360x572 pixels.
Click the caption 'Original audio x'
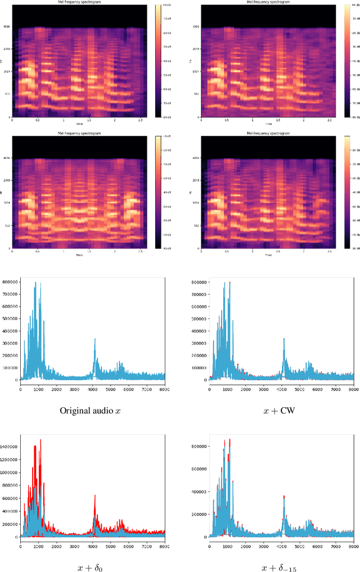pyautogui.click(x=90, y=410)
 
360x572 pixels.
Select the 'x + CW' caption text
pyautogui.click(x=279, y=410)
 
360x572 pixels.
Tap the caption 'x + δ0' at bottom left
pyautogui.click(x=90, y=568)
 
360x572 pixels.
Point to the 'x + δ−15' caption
pyautogui.click(x=279, y=568)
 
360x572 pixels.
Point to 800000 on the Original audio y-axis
pyautogui.click(x=10, y=283)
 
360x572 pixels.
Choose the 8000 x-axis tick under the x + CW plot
pyautogui.click(x=353, y=389)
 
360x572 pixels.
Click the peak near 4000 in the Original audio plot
pyautogui.click(x=94, y=339)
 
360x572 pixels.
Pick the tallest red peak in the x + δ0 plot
pyautogui.click(x=40, y=440)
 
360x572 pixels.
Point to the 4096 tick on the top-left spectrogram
pyautogui.click(x=6, y=26)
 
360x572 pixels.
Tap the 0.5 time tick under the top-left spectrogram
pyautogui.click(x=38, y=120)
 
